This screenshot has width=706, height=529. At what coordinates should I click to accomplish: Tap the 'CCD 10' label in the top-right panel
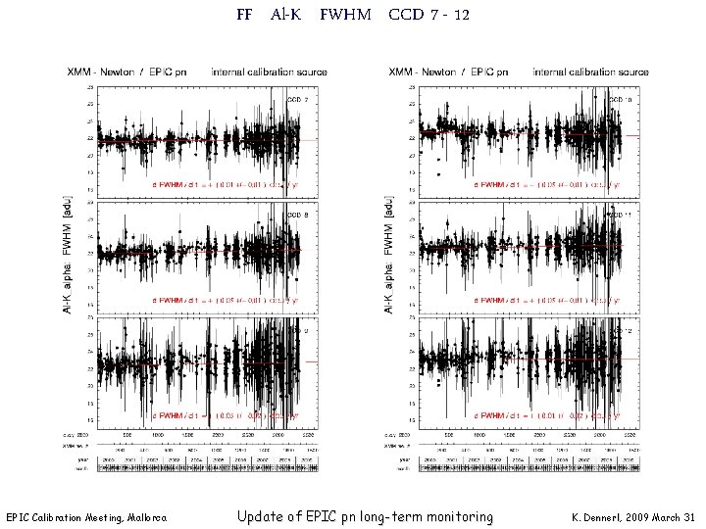pyautogui.click(x=622, y=100)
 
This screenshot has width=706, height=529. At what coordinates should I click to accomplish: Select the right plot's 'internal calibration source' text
pyautogui.click(x=590, y=72)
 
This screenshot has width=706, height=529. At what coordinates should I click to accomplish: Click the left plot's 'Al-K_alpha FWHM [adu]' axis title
pyautogui.click(x=68, y=254)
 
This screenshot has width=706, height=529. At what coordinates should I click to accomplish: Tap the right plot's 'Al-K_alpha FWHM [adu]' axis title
pyautogui.click(x=390, y=254)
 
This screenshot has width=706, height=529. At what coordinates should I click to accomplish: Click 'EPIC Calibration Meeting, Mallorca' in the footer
pyautogui.click(x=86, y=516)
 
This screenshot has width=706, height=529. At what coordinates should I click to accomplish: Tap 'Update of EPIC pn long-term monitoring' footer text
pyautogui.click(x=365, y=516)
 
